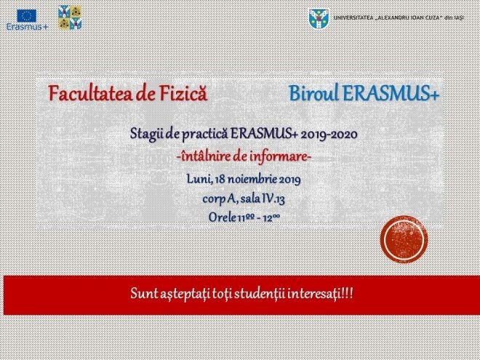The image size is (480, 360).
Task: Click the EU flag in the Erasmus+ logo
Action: coord(27,15)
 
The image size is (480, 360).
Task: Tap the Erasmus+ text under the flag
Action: coord(27,27)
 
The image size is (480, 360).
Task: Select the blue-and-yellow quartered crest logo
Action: coord(70,17)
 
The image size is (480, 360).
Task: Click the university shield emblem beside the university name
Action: coord(319,19)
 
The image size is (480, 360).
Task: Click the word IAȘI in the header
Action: coord(459,17)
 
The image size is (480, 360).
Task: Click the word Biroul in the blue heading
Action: coord(313,93)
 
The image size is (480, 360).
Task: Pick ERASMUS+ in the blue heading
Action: coord(391,93)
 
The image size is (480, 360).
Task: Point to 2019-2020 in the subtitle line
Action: coord(329,135)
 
